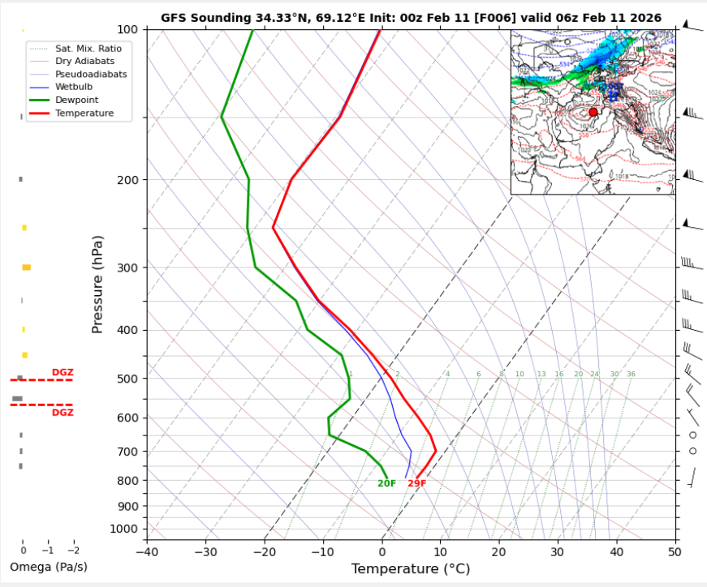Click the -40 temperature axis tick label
[x=147, y=552]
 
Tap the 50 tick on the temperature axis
[x=675, y=552]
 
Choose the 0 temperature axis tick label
[x=382, y=552]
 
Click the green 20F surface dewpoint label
[x=386, y=484]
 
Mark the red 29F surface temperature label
[x=416, y=484]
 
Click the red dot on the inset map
[x=593, y=112]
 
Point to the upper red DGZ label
[x=63, y=372]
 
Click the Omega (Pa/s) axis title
[x=49, y=567]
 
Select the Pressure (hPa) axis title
[x=97, y=284]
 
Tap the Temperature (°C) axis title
[x=410, y=569]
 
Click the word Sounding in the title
[x=222, y=17]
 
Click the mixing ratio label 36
[x=631, y=374]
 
